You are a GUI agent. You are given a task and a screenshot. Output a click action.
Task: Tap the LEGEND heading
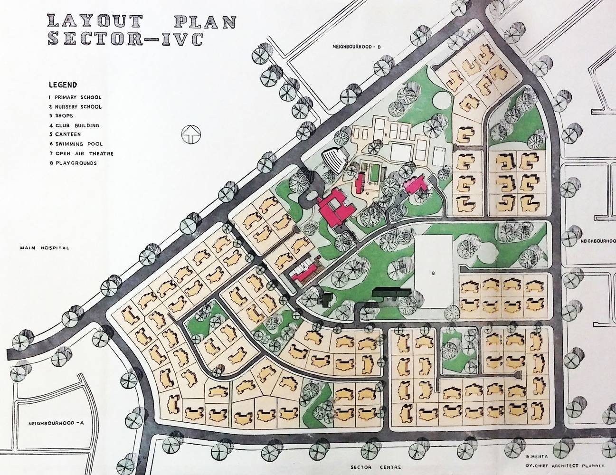point(62,85)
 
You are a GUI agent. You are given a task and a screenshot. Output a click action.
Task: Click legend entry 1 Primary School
point(75,97)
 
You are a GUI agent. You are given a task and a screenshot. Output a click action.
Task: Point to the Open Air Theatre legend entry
point(80,153)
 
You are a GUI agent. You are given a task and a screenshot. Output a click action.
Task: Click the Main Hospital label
point(45,247)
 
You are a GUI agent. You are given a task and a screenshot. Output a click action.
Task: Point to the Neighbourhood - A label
point(56,423)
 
